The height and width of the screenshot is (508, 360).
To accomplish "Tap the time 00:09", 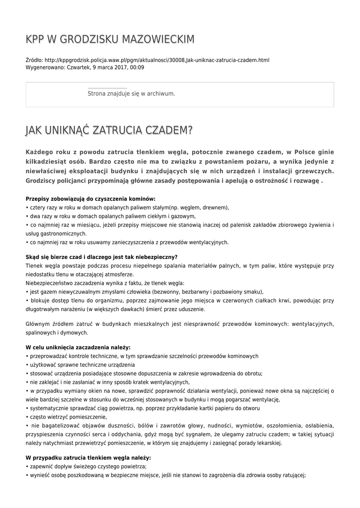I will coord(137,67).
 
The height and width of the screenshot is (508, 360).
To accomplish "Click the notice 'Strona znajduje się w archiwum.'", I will coord(131,93).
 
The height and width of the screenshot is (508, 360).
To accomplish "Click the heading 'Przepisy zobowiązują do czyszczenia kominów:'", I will coord(90,198).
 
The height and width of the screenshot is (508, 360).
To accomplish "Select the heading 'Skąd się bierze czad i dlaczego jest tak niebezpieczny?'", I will coord(101,256).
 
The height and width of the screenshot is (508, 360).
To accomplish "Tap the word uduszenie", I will coord(189,309).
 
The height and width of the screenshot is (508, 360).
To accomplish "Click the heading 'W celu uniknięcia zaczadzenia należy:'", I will coord(78,347).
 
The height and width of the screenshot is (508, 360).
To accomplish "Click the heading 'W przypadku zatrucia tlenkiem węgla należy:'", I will coord(88,457).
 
